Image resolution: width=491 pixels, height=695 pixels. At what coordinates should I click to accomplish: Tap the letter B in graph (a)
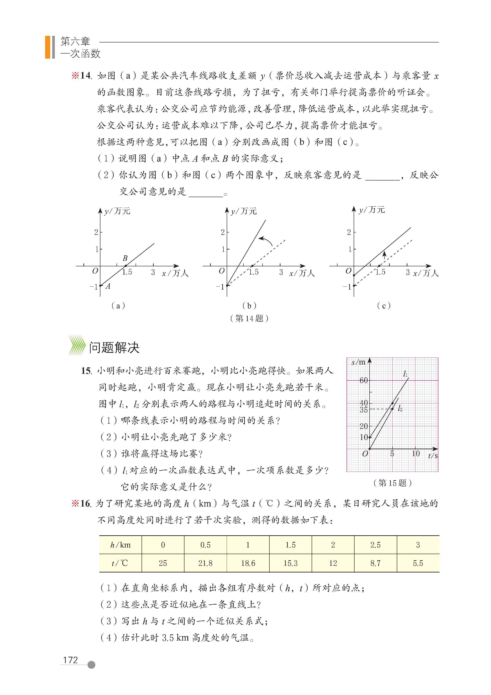(125, 258)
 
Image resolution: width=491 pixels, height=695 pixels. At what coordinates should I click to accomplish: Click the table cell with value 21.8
(205, 563)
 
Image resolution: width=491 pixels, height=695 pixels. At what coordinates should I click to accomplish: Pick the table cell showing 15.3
(290, 563)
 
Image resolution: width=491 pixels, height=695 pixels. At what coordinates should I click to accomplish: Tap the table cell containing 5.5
(418, 563)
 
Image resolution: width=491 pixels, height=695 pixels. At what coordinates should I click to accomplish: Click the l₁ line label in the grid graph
(405, 374)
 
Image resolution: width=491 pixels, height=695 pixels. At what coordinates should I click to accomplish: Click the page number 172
(71, 660)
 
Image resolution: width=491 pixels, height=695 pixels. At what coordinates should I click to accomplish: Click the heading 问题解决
(114, 348)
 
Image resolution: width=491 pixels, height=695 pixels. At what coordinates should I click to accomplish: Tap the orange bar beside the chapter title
(48, 47)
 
